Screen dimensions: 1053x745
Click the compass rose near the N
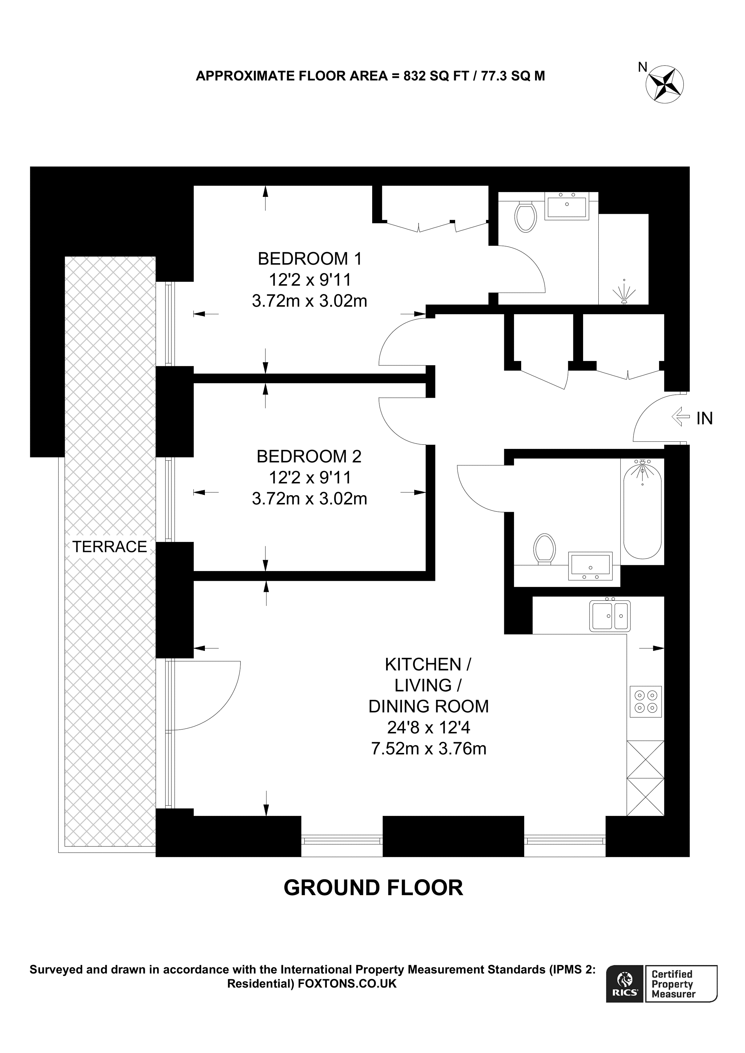click(x=665, y=84)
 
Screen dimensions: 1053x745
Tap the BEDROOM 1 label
click(x=310, y=259)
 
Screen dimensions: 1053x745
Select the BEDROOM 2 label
click(x=309, y=456)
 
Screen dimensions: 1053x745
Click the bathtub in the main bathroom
click(x=642, y=509)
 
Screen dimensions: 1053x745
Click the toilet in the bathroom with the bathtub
click(x=545, y=548)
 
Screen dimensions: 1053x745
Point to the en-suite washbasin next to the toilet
click(x=567, y=206)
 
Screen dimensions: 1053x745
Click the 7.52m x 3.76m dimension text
click(x=428, y=749)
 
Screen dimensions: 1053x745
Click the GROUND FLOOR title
click(x=373, y=888)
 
